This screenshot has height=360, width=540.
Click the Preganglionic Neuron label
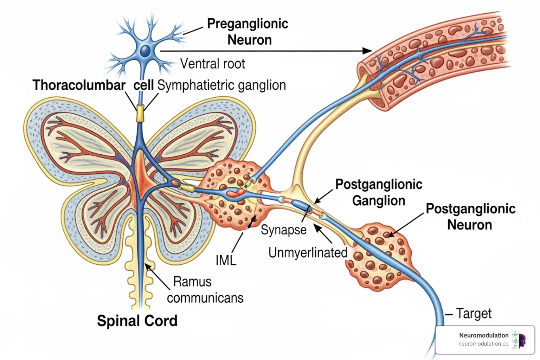[x=248, y=32]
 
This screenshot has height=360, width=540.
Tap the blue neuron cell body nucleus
[x=145, y=52]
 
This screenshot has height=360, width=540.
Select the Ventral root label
[x=212, y=64]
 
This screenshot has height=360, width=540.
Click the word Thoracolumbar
[x=79, y=85]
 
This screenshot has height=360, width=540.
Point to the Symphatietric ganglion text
[x=221, y=85]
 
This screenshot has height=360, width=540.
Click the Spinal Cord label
[x=137, y=321]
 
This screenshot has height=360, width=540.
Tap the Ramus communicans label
[x=205, y=290]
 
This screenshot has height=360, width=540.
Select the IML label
[x=226, y=261]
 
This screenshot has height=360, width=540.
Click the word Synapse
[x=283, y=230]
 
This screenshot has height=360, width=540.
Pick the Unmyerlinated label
[x=308, y=252]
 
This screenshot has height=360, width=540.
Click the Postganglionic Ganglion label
[x=379, y=192]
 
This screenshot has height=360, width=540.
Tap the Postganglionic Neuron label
[x=470, y=217]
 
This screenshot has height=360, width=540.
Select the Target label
[x=474, y=313]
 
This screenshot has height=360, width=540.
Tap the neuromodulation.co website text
[x=483, y=344]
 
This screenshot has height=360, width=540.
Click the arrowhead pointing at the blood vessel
[x=368, y=51]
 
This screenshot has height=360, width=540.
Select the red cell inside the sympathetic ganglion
[x=233, y=193]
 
